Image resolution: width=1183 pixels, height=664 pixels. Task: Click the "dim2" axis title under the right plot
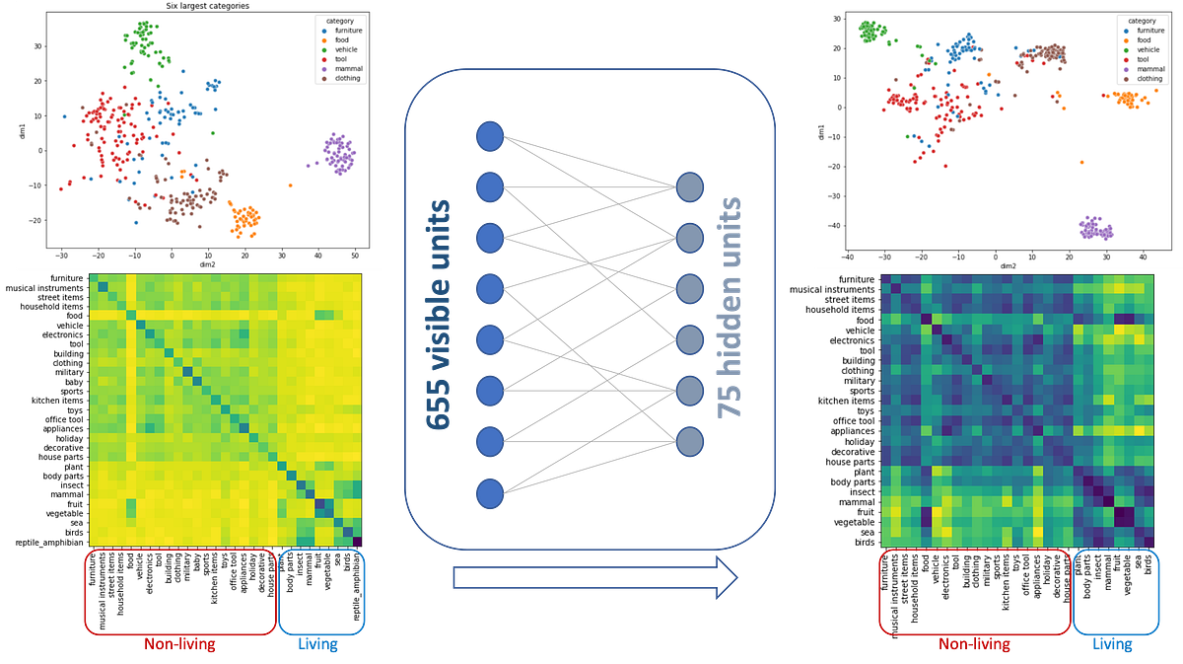pos(1008,266)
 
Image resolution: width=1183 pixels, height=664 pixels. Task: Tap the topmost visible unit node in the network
pos(490,136)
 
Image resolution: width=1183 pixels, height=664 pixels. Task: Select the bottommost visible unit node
pos(490,493)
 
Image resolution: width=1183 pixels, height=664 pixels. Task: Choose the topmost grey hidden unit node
pos(690,186)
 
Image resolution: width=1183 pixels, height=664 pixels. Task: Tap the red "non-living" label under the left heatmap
pos(180,646)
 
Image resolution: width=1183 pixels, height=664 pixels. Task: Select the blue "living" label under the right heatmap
pos(1111,646)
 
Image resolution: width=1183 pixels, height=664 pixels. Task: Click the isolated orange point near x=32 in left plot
pos(290,184)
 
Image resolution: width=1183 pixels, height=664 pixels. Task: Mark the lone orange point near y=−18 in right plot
pos(1081,162)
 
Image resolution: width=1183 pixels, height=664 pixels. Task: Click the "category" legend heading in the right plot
pos(1143,20)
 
